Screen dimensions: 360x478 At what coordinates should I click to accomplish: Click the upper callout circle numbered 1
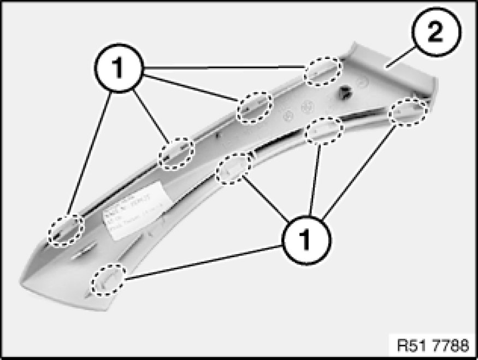119,70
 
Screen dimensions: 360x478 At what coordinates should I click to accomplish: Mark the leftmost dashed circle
65,231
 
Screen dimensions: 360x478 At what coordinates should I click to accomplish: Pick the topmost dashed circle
323,71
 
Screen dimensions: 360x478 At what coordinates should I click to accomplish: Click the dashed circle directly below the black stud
324,130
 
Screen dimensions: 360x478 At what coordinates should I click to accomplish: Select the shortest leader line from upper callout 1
156,115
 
